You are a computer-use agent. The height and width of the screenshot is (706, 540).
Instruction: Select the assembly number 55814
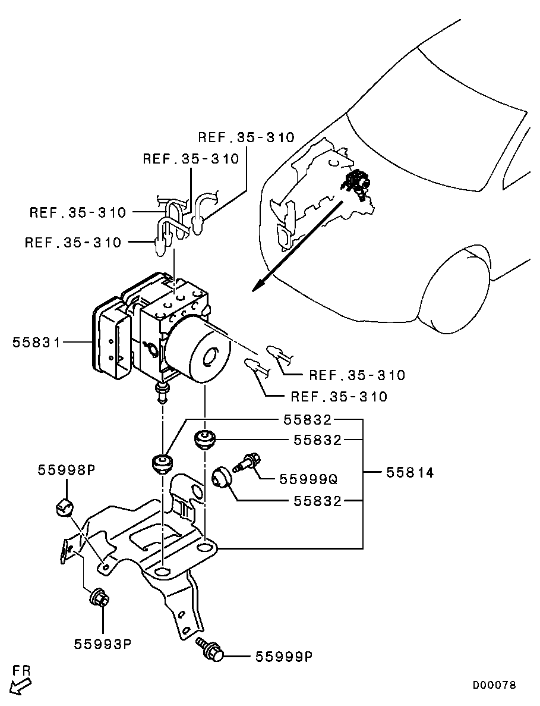point(409,473)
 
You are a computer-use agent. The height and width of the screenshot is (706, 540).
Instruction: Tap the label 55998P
point(66,470)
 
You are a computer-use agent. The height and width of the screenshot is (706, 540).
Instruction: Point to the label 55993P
point(102,644)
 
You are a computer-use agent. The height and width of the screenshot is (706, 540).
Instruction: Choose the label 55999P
point(284,657)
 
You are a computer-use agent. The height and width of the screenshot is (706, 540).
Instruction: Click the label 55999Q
point(308,478)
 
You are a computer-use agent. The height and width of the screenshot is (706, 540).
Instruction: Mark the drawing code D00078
point(494,685)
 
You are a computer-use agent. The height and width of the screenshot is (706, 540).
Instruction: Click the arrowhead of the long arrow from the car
point(256,288)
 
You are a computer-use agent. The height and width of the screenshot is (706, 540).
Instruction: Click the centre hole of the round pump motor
point(210,359)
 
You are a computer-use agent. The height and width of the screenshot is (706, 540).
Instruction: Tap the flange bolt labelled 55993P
point(98,597)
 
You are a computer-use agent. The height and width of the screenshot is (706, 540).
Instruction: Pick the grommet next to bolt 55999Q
point(222,477)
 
